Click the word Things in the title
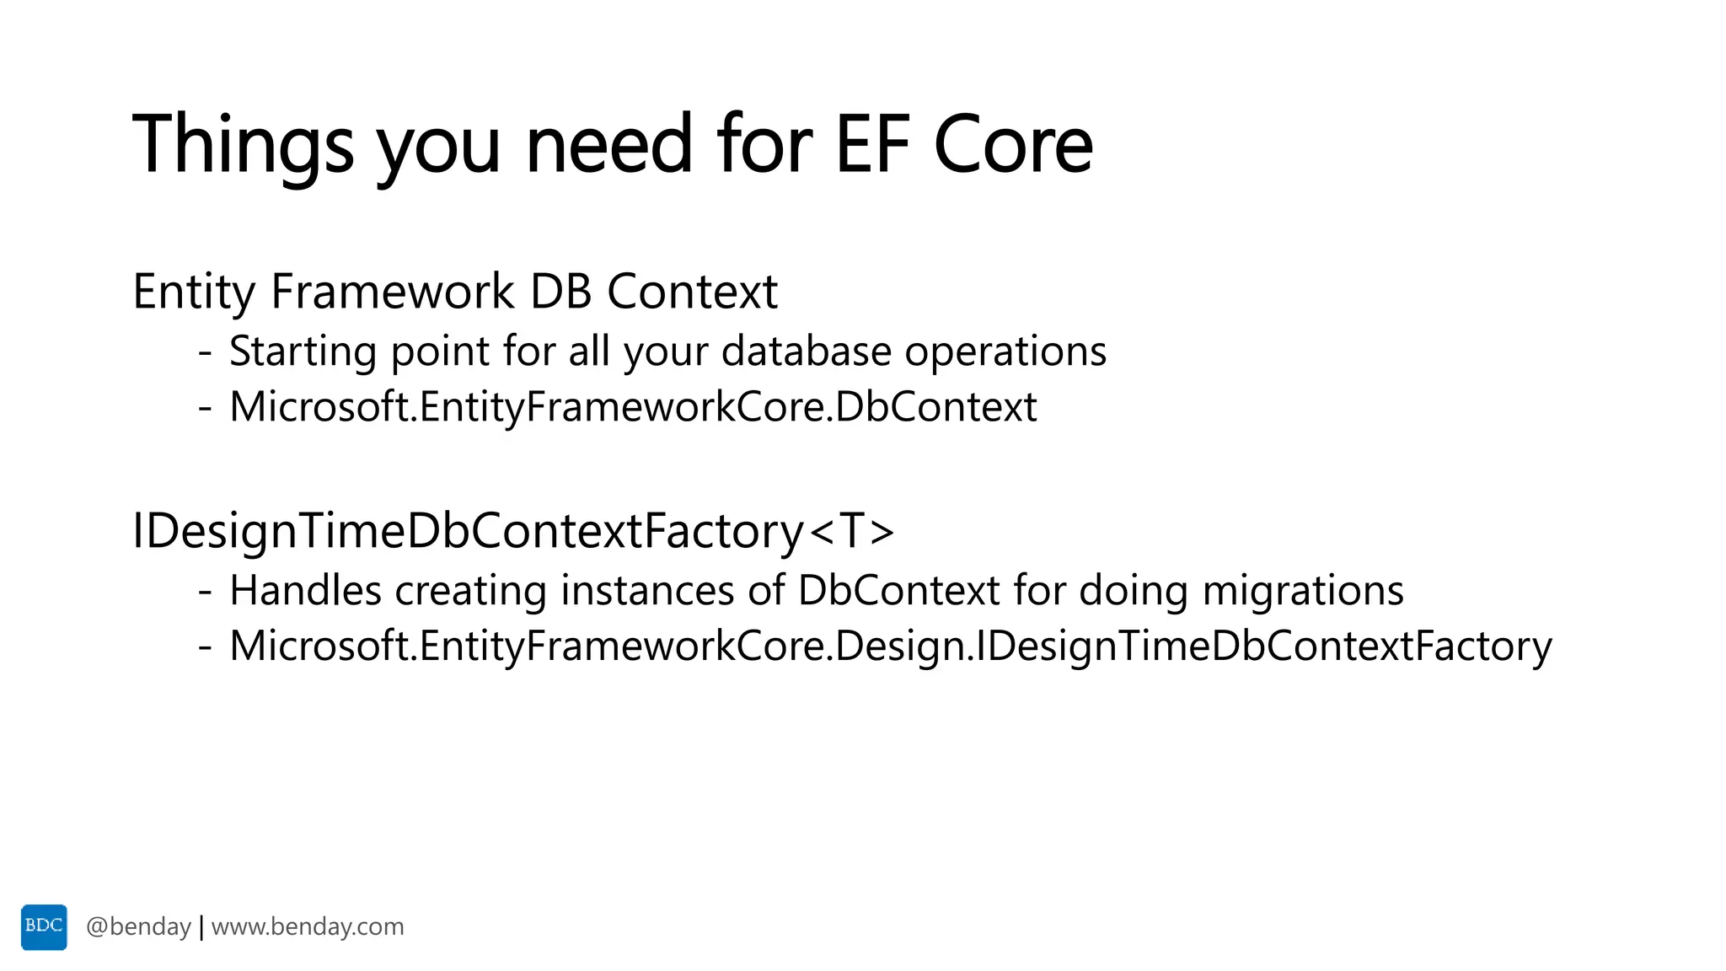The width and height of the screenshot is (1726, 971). (243, 145)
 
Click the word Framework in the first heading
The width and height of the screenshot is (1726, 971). (392, 292)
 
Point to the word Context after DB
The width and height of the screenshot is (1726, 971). (692, 292)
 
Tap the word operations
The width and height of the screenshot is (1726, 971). (1005, 351)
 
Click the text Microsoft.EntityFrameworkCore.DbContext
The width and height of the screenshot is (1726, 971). (633, 407)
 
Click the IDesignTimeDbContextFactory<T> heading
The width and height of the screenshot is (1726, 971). (512, 532)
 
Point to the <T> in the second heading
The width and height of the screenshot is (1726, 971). (852, 532)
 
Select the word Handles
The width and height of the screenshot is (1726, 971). (305, 590)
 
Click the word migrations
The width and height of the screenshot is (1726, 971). (1303, 590)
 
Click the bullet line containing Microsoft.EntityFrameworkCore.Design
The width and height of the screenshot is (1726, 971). (890, 646)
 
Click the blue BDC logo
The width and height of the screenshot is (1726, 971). (44, 926)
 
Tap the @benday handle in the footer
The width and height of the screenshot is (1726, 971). (138, 927)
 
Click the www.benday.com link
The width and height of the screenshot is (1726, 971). (308, 927)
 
